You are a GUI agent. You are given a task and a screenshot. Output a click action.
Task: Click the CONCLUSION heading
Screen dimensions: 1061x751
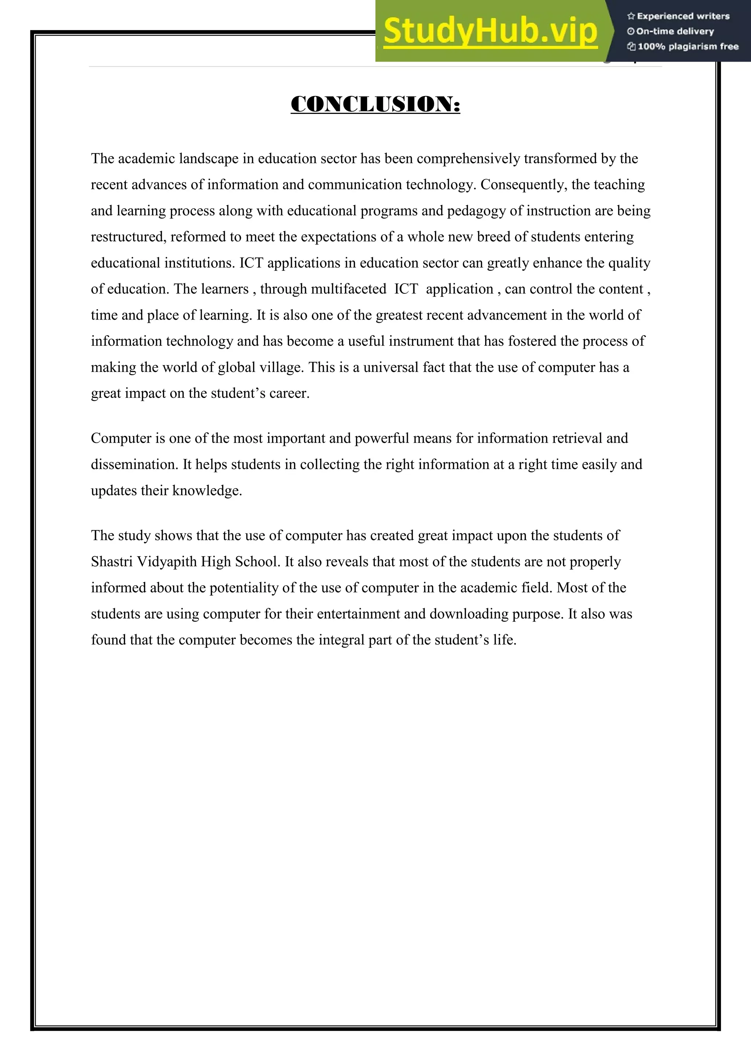tap(375, 104)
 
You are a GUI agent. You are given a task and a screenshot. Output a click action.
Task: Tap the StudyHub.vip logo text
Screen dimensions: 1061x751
tap(490, 32)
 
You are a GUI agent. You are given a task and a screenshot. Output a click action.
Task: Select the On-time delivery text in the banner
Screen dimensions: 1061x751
tap(675, 32)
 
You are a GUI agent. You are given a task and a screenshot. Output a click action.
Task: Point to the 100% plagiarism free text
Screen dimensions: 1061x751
tap(688, 46)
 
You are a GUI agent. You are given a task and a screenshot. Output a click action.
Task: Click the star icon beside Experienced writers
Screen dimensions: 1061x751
tap(631, 16)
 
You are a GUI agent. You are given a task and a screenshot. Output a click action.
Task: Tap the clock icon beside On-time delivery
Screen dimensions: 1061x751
tap(631, 32)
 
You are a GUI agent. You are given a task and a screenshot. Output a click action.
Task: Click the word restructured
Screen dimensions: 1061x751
tap(128, 237)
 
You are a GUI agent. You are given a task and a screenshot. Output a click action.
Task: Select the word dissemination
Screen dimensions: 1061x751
tap(135, 465)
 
